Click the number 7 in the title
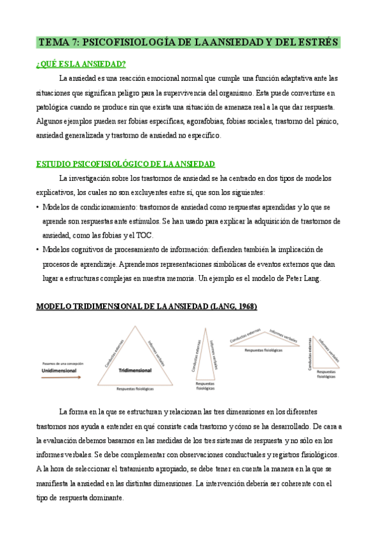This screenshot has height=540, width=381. [76, 43]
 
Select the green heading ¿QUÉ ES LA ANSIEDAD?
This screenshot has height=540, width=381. [81, 64]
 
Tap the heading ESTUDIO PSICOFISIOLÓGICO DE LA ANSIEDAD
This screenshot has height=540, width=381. [125, 164]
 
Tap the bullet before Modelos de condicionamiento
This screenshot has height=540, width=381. [38, 208]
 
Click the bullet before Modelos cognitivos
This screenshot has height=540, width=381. [38, 250]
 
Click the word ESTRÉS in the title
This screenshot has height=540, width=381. [316, 43]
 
